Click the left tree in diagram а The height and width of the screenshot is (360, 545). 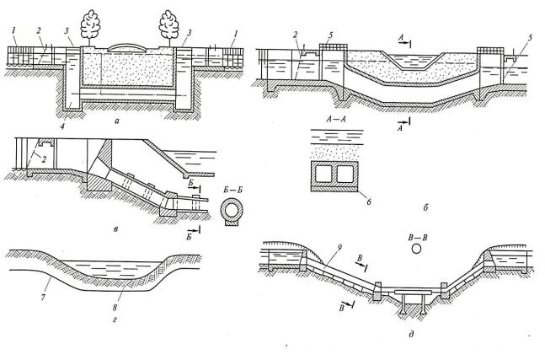(x=90, y=25)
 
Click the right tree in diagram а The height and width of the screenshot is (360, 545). (x=169, y=25)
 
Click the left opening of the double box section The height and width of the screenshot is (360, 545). (x=323, y=174)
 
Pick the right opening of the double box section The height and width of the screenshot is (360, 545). (x=345, y=174)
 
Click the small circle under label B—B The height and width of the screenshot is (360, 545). (x=416, y=249)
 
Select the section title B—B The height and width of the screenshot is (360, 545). (x=418, y=238)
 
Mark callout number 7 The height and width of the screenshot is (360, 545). (x=43, y=298)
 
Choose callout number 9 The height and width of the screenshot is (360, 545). (x=339, y=248)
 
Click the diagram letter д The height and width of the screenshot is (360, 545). (x=412, y=335)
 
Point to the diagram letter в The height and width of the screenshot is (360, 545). (x=115, y=228)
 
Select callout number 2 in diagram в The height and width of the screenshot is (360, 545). (x=44, y=159)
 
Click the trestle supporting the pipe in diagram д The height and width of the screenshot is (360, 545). (x=414, y=301)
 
